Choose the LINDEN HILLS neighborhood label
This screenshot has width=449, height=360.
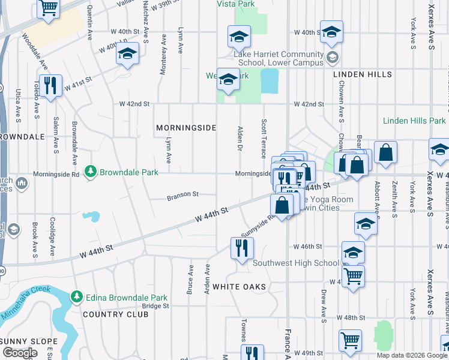(363, 74)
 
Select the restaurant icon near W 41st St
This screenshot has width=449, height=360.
(50, 85)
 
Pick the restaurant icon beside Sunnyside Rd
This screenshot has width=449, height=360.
(242, 248)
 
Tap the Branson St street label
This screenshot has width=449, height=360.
(182, 194)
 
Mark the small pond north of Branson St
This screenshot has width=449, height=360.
(91, 215)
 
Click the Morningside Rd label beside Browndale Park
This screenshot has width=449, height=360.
(59, 175)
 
